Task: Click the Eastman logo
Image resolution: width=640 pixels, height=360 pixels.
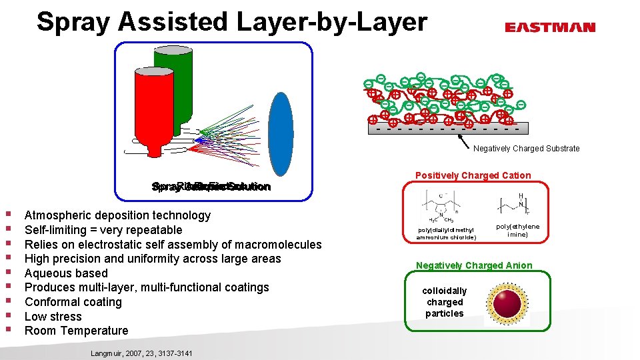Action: pos(549,27)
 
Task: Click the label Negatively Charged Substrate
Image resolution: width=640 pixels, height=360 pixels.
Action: pos(526,149)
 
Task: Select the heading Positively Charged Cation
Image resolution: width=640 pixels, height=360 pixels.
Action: pos(473,176)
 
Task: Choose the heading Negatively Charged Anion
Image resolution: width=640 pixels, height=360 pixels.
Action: pos(474,266)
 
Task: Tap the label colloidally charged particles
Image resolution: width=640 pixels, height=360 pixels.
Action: pos(445,302)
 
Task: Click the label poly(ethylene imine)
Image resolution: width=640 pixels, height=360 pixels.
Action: pos(517,231)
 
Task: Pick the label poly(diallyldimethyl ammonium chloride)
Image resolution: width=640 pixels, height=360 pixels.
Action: pos(447,233)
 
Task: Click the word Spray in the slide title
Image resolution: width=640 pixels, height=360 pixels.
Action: pos(74,21)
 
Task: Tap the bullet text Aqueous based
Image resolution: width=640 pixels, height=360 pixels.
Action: pos(66,273)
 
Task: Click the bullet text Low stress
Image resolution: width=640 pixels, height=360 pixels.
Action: pos(53,317)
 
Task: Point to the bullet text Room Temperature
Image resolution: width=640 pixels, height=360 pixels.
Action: pos(76,331)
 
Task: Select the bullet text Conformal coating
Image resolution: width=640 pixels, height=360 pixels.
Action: pos(73,302)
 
